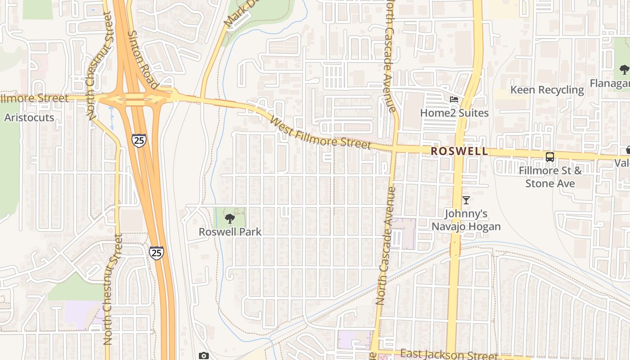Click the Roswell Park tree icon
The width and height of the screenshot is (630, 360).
pos(230,219)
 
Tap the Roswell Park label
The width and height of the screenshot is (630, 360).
pos(230,232)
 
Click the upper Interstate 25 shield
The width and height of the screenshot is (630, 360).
pos(139,140)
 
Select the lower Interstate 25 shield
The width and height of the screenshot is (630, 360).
pos(156,253)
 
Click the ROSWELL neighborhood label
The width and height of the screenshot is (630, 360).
pos(459,151)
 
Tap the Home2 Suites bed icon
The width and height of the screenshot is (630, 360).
pos(454,99)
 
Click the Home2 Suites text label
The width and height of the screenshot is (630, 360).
pos(454,112)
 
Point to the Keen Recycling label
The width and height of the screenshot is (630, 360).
pos(547,90)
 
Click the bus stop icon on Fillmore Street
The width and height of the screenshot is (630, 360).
pos(550,157)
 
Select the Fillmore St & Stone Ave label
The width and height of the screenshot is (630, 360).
pos(550,177)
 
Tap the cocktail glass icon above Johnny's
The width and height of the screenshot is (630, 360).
pos(466,200)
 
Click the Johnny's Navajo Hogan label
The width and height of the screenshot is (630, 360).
pos(466,220)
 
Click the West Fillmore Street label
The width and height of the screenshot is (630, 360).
pos(320,133)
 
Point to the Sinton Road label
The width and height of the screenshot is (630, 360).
pos(143,59)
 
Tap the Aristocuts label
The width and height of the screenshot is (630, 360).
pos(29,117)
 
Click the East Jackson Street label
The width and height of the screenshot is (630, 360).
pos(443,355)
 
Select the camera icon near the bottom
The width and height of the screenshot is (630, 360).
pos(204,356)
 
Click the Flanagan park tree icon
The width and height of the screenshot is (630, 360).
pos(624,70)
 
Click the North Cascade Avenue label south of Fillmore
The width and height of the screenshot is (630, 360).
pos(386,245)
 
